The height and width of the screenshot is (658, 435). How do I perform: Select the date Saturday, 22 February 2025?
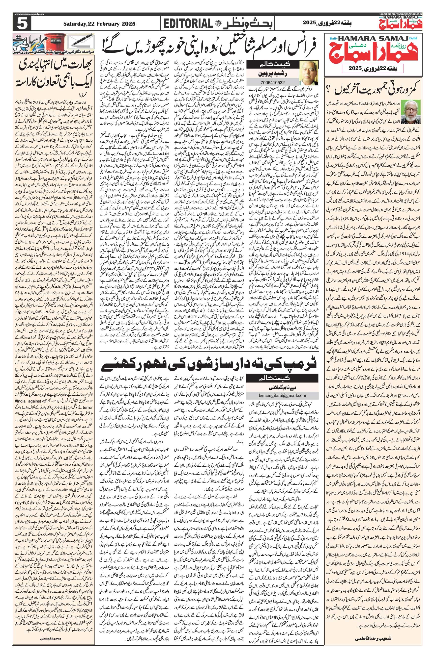pos(99,24)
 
